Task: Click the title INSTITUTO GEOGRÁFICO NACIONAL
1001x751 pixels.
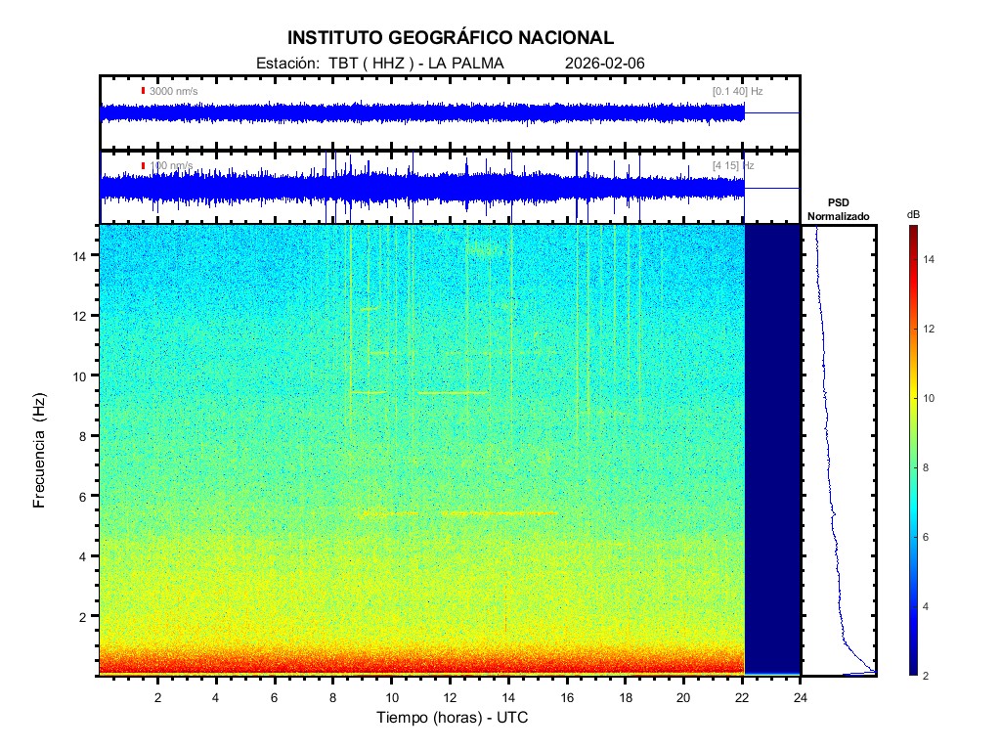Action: pyautogui.click(x=451, y=38)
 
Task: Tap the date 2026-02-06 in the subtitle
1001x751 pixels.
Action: pyautogui.click(x=605, y=64)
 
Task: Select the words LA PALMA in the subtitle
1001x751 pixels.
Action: pyautogui.click(x=464, y=64)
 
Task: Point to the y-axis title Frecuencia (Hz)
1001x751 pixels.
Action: pyautogui.click(x=40, y=456)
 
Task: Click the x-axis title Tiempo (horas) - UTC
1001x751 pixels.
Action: pyautogui.click(x=453, y=718)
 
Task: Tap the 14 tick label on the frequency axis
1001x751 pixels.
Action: pyautogui.click(x=83, y=255)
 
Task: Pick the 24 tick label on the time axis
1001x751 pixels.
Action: pyautogui.click(x=801, y=696)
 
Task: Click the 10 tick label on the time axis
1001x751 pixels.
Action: pyautogui.click(x=391, y=696)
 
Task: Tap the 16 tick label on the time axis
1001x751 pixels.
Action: pyautogui.click(x=567, y=696)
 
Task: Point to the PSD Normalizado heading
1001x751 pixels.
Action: pyautogui.click(x=838, y=209)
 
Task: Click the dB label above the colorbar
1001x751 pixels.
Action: pyautogui.click(x=913, y=214)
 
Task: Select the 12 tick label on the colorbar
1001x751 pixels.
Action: pyautogui.click(x=932, y=329)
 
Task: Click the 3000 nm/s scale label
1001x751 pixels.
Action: pyautogui.click(x=173, y=91)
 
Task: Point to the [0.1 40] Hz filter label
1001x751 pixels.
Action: pyautogui.click(x=737, y=91)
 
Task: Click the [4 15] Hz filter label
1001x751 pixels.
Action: pyautogui.click(x=733, y=166)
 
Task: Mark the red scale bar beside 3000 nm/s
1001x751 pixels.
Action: pyautogui.click(x=143, y=91)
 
